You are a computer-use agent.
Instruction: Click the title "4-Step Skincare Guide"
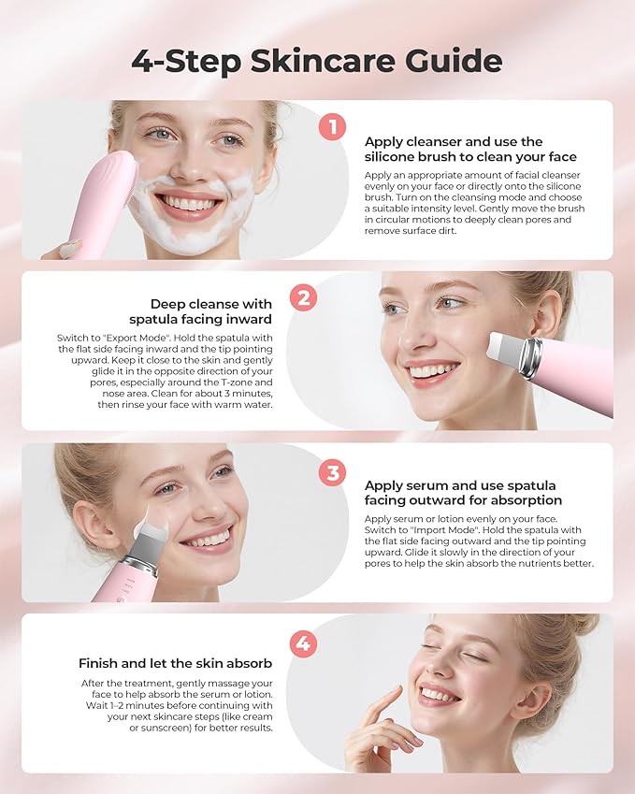316,61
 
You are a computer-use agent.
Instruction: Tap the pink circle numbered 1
332,126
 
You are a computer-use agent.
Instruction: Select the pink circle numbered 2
302,298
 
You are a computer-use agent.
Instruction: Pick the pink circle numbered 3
332,472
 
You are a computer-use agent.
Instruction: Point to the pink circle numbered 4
302,642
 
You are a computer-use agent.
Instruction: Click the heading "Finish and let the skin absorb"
175,663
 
